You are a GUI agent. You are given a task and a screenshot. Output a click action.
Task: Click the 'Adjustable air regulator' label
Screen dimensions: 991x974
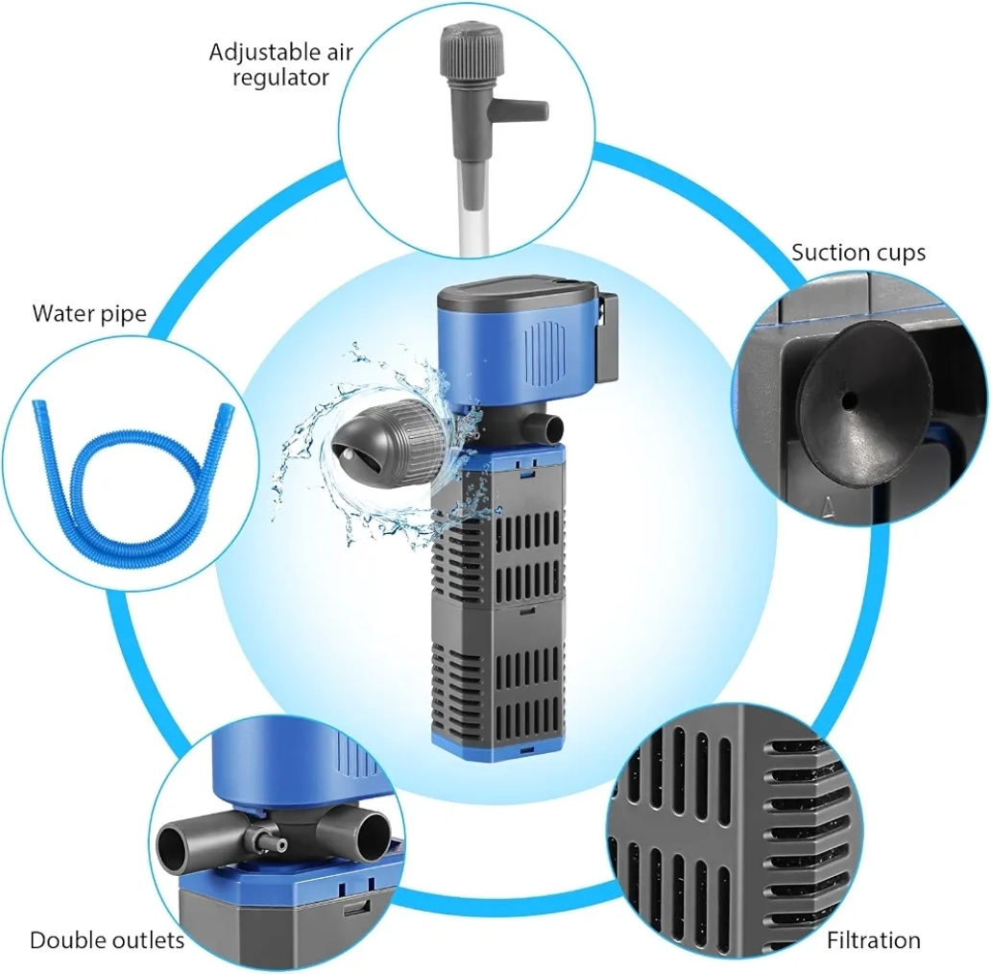click(280, 64)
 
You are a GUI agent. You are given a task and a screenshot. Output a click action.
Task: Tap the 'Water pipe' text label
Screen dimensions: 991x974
click(89, 313)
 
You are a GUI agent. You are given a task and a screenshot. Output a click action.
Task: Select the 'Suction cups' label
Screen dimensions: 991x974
click(858, 253)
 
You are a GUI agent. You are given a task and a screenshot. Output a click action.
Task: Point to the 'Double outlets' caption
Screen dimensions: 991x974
click(107, 940)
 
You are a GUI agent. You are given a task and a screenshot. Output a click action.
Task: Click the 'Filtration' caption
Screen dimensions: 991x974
click(874, 940)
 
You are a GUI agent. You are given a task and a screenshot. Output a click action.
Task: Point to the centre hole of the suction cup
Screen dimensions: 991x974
click(852, 401)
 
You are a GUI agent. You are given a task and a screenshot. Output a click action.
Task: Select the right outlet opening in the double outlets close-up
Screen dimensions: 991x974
click(371, 834)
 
